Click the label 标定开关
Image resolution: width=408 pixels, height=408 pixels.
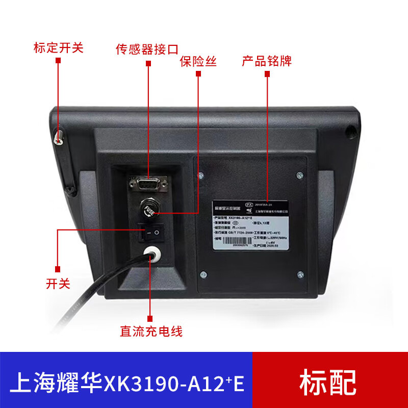[58, 48]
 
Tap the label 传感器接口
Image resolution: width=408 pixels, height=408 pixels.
[147, 50]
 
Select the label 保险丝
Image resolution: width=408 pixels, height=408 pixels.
[198, 62]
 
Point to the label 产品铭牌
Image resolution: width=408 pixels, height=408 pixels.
[267, 62]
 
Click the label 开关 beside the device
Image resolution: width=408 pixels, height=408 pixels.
[58, 284]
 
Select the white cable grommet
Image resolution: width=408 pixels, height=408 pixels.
[150, 253]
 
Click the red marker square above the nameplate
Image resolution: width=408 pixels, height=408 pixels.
[267, 74]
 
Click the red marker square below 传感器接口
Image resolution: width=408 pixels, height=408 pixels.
[148, 63]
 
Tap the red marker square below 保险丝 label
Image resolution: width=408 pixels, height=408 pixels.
[198, 74]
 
